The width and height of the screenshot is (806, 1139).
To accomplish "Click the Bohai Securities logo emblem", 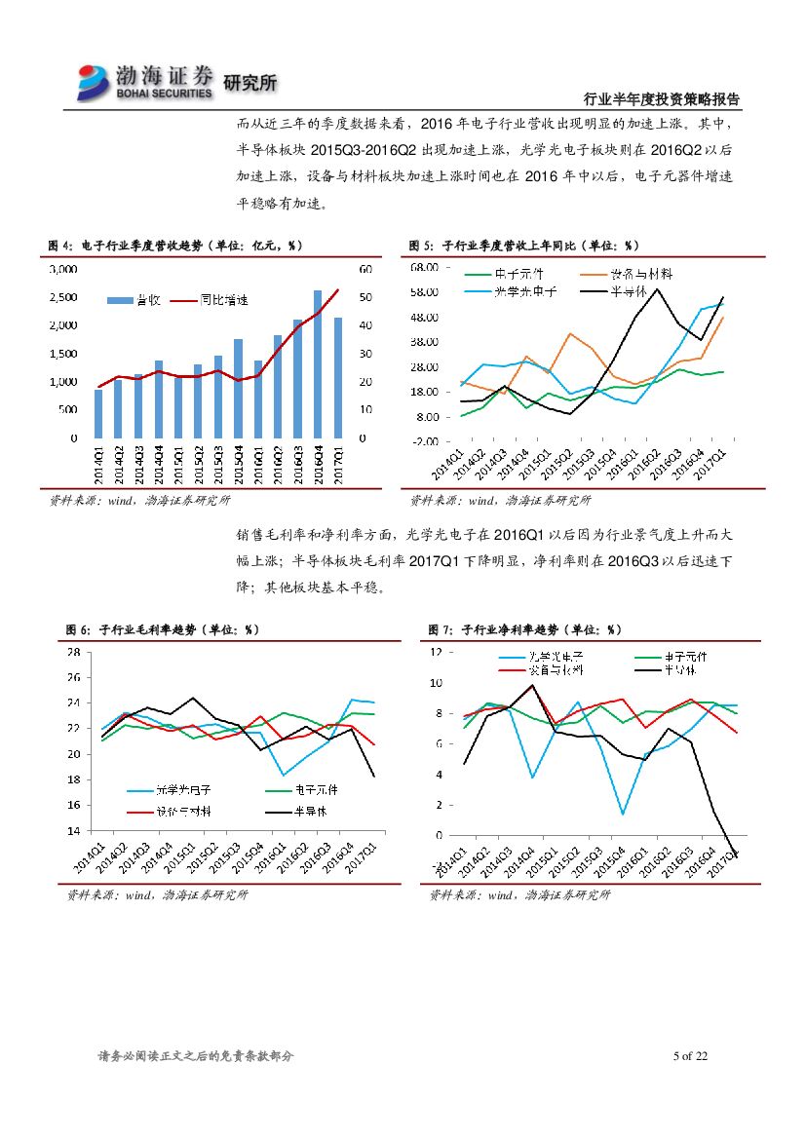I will tap(95, 82).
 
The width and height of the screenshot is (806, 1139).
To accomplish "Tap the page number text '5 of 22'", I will tap(689, 1056).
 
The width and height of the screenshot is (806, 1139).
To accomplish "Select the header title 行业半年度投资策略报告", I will tap(661, 99).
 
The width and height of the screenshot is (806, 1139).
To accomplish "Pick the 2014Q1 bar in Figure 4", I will tap(98, 413).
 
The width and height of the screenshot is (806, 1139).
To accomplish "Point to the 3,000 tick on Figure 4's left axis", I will tap(63, 269).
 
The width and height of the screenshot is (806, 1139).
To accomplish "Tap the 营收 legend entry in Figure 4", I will tap(135, 297).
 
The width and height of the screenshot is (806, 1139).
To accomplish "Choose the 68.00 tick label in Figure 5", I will tap(424, 267).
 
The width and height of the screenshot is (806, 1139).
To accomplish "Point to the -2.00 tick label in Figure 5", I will tap(424, 441).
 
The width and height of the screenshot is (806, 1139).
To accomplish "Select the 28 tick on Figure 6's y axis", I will tap(73, 652).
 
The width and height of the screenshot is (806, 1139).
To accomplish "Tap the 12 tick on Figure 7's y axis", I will tap(434, 652).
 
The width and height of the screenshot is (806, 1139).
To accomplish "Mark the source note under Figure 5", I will tap(500, 500).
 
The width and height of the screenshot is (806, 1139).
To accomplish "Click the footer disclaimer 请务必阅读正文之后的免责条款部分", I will tap(196, 1056).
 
